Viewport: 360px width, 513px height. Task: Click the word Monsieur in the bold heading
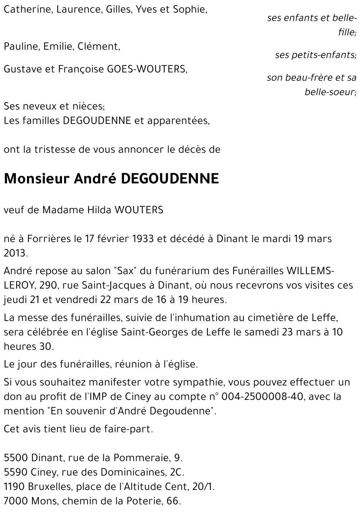[x=36, y=179]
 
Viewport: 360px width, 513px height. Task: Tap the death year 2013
[x=15, y=253]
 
